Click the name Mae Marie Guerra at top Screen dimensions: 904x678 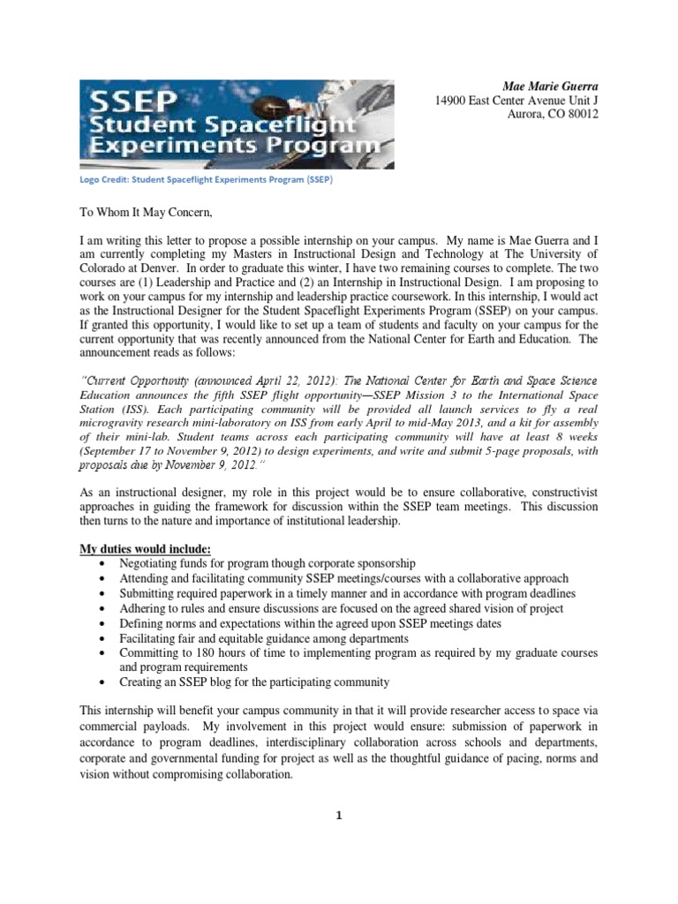pyautogui.click(x=550, y=87)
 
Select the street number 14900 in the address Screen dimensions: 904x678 pyautogui.click(x=452, y=102)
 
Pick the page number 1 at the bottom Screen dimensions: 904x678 pyautogui.click(x=338, y=815)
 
